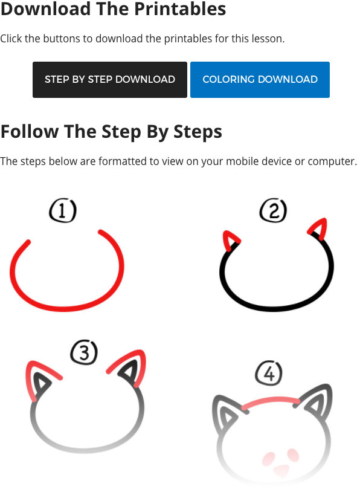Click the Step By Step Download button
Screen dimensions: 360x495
[x=110, y=80]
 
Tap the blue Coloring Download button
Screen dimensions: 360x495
[x=260, y=80]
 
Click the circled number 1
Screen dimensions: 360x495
[x=63, y=210]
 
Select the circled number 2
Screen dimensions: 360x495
[x=273, y=210]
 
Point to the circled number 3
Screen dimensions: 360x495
[x=84, y=352]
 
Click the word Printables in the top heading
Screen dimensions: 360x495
[x=180, y=8]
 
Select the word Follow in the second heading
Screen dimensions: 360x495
[x=30, y=131]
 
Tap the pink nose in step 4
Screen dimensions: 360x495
[x=281, y=470]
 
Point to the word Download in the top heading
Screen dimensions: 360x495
[x=46, y=8]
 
